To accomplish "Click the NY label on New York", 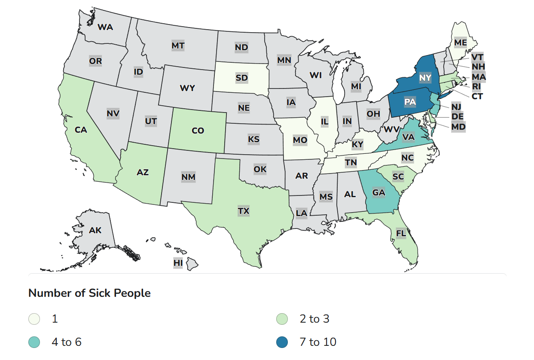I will (x=425, y=78).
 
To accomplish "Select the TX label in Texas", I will (x=244, y=211).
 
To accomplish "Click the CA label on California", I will (x=81, y=130).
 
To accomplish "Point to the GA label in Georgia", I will (x=378, y=192).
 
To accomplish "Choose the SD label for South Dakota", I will (x=241, y=78).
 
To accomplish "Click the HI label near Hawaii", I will (x=178, y=262).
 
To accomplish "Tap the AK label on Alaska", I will (x=95, y=230).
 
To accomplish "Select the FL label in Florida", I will (x=401, y=233).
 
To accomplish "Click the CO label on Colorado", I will (x=198, y=131).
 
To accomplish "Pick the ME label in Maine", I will (x=460, y=43).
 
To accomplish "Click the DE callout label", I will (x=457, y=116).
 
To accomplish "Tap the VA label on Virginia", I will (x=409, y=137).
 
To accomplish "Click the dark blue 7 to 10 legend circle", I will (x=282, y=342).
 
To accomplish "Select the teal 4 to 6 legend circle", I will (x=34, y=342).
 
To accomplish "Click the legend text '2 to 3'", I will (x=314, y=319).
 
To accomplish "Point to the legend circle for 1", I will (x=34, y=319).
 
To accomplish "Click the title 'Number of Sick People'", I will (x=89, y=293).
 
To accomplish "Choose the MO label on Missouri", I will (x=299, y=140).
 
